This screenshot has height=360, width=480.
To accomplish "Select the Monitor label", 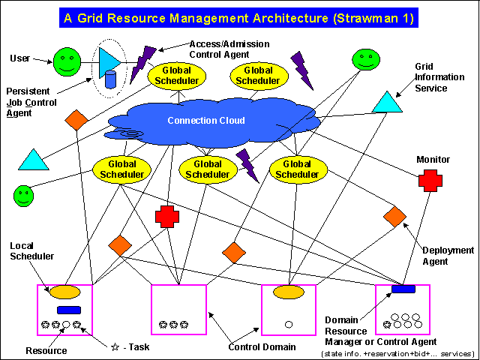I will (x=433, y=160).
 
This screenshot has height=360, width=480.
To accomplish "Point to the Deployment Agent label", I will (x=448, y=256).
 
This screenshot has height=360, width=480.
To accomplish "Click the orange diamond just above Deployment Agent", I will (x=394, y=216).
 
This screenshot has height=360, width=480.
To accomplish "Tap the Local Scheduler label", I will (x=32, y=251).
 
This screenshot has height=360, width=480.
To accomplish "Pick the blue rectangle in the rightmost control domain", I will (x=403, y=289).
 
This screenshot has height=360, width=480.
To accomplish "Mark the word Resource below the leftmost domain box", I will (x=46, y=350).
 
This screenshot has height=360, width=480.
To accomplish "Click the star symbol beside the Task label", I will (x=115, y=347).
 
